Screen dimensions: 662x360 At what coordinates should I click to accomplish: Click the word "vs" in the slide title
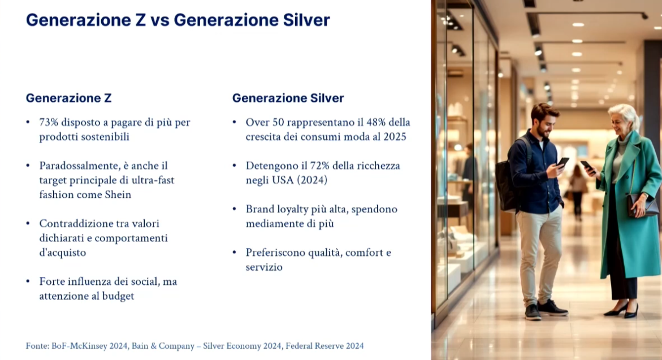(159, 20)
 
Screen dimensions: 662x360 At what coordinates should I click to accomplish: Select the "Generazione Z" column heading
(69, 98)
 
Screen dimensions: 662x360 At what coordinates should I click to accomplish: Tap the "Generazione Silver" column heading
(288, 98)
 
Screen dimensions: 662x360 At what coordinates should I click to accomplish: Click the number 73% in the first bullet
(49, 122)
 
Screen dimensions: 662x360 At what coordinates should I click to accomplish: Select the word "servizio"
(264, 267)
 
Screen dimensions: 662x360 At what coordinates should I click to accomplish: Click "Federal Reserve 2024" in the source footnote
(324, 346)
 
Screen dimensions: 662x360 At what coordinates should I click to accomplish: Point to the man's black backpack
(507, 181)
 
